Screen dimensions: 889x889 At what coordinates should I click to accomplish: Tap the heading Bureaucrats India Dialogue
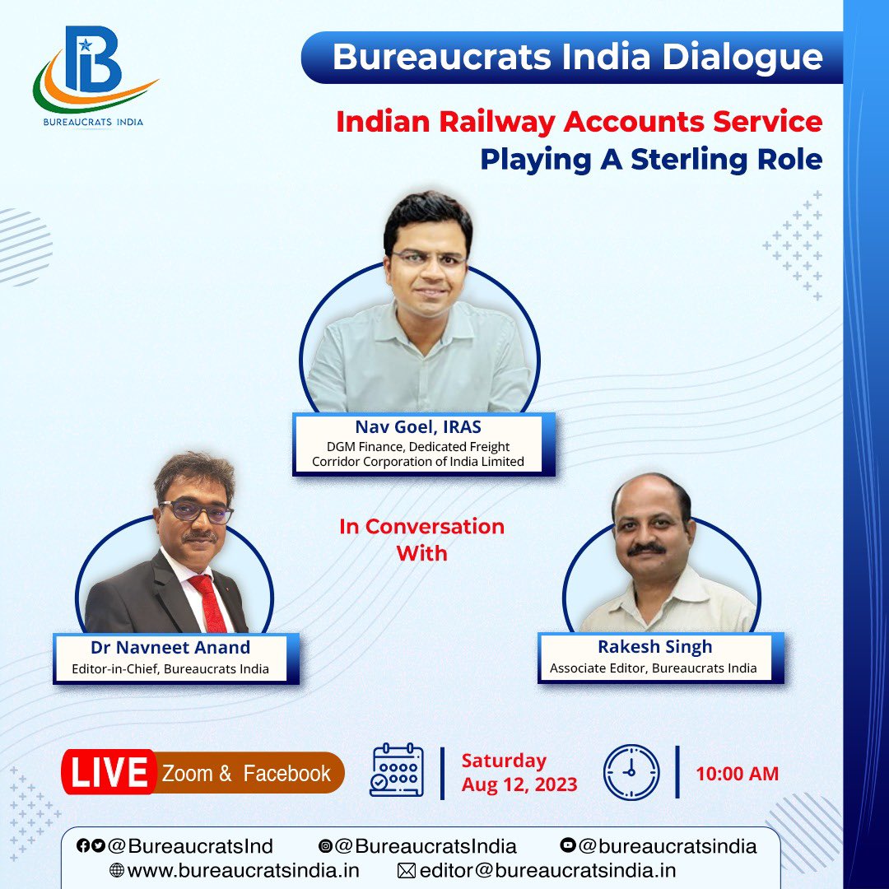click(577, 57)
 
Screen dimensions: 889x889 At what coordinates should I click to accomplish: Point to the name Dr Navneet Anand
click(171, 647)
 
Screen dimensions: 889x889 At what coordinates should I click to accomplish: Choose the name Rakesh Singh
click(654, 646)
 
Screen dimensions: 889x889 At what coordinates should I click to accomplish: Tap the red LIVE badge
click(109, 773)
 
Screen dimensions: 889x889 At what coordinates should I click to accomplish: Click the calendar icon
click(398, 771)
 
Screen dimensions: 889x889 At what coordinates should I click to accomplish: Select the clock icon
click(631, 772)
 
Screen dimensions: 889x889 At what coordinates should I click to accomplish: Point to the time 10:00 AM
click(737, 774)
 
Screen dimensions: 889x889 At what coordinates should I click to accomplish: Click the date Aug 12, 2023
click(519, 784)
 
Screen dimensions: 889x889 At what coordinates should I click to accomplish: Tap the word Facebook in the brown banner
click(286, 773)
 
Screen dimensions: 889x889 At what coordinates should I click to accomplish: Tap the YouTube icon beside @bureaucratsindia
click(567, 845)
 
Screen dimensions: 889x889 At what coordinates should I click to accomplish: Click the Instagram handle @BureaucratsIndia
click(426, 845)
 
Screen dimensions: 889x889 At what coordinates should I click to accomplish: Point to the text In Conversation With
click(421, 539)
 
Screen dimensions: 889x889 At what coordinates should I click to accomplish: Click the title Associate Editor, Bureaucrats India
click(653, 668)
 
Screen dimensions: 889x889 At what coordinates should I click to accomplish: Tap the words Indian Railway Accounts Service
click(579, 122)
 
